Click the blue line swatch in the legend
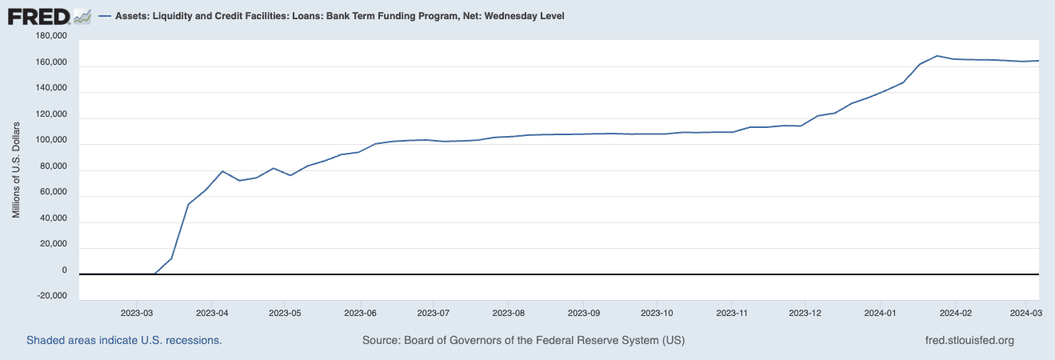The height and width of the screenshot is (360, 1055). tap(105, 16)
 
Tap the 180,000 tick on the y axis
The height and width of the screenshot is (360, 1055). tap(51, 37)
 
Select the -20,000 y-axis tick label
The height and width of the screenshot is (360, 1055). tap(51, 296)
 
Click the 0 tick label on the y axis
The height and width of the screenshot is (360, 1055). tap(64, 270)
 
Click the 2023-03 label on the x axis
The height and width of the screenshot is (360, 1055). tap(137, 312)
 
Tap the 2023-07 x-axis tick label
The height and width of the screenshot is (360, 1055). tap(433, 312)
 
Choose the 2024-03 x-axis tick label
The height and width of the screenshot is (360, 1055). tap(1026, 312)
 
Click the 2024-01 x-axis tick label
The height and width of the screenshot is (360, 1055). tap(879, 312)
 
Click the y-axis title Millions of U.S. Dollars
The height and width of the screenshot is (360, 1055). tap(16, 170)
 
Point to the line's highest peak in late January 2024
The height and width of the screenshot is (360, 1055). tap(937, 56)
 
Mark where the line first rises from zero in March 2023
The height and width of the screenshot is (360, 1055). tap(154, 274)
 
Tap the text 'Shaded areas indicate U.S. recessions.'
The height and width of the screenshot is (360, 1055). tap(124, 340)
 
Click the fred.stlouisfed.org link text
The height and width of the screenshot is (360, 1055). tap(969, 340)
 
